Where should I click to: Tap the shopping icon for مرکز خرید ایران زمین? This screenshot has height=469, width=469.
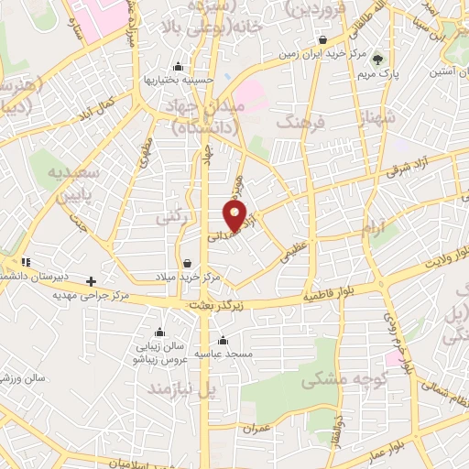[324, 39]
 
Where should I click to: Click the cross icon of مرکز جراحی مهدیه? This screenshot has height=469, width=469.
[90, 281]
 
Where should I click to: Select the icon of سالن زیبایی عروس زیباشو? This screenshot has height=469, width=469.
[161, 332]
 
